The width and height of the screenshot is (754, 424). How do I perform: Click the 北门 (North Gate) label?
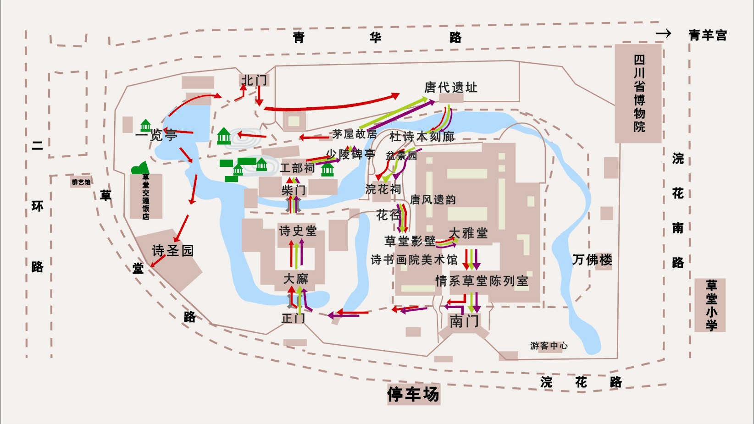click(254, 80)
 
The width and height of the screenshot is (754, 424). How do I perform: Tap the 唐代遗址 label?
click(450, 87)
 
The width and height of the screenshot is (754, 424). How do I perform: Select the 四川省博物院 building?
click(638, 94)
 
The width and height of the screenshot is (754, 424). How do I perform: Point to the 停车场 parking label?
click(413, 394)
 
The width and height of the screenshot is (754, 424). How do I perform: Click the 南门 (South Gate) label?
click(464, 321)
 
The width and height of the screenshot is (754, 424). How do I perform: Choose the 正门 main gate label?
click(293, 318)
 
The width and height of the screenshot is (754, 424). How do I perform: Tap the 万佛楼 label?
click(592, 260)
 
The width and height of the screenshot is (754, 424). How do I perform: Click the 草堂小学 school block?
click(710, 305)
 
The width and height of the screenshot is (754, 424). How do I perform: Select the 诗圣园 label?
click(172, 251)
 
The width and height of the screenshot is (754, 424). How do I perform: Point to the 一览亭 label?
click(156, 135)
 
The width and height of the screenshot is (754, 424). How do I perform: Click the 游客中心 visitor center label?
click(549, 346)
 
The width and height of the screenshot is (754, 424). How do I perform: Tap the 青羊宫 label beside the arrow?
click(707, 35)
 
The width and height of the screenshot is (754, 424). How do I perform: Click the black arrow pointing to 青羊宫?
click(663, 33)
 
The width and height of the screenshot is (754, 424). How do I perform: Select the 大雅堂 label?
click(468, 233)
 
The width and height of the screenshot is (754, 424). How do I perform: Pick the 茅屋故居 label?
click(354, 134)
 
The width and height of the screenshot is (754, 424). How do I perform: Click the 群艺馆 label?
click(81, 182)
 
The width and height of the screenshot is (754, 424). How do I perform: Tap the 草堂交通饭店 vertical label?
click(146, 197)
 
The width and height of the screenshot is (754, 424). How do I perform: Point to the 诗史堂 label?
click(298, 231)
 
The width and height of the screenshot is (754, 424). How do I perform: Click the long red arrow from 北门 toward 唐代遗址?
click(330, 106)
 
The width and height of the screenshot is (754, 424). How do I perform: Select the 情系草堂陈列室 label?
click(482, 281)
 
